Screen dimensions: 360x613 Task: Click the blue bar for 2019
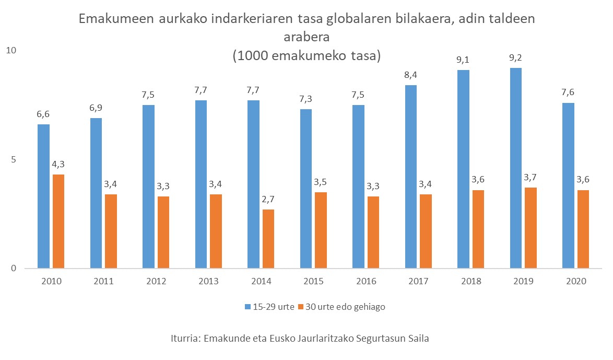[515, 168]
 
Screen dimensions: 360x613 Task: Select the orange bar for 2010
[58, 222]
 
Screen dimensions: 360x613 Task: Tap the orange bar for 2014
[268, 239]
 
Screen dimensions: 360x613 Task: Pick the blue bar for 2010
[44, 196]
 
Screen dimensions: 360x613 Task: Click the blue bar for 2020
[568, 185]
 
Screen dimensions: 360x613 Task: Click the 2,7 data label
[268, 199]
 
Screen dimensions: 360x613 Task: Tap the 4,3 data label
[58, 164]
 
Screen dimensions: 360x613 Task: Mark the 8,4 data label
[410, 75]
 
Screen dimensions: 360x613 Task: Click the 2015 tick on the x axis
[314, 281]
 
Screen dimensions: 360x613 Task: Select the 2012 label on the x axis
[156, 281]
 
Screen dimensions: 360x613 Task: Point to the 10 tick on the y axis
[11, 50]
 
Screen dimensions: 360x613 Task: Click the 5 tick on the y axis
[14, 159]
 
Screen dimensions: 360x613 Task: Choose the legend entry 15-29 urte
[268, 307]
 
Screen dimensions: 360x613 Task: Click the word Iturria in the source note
[186, 338]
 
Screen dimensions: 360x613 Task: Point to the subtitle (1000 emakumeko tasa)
[306, 55]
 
